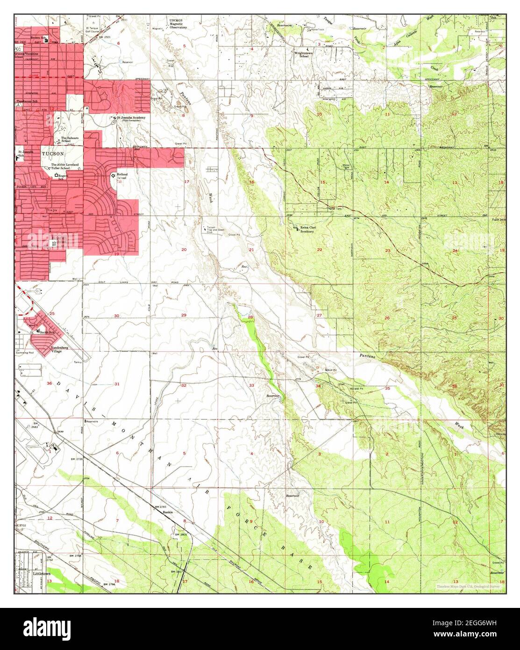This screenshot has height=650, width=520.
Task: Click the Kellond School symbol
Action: point(113,175)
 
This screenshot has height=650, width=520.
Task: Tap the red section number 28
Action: point(250,318)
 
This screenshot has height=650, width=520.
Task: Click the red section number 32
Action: point(184,385)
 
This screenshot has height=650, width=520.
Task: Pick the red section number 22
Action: point(320,250)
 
